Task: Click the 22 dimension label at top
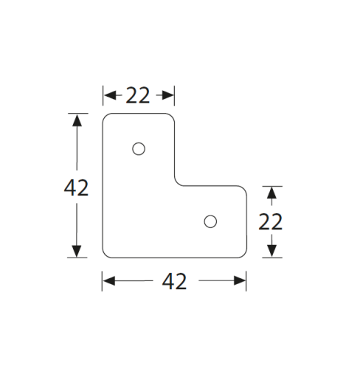(x=138, y=95)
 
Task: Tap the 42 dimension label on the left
(x=76, y=187)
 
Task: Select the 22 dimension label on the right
(x=271, y=221)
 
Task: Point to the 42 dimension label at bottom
(x=174, y=281)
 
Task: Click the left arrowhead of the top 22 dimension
(x=110, y=95)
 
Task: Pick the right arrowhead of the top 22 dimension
(x=167, y=95)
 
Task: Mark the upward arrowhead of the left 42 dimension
(x=77, y=120)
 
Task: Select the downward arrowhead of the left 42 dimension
(x=77, y=251)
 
